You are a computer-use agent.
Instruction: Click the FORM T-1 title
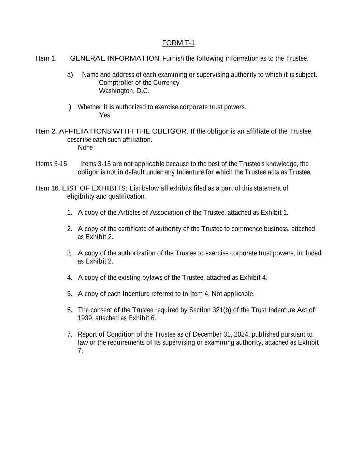click(x=178, y=43)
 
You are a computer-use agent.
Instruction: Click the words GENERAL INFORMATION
click(x=114, y=58)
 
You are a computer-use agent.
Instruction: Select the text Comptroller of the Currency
click(x=139, y=83)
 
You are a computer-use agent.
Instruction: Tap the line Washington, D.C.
click(x=124, y=91)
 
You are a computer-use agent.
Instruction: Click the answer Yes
click(x=104, y=115)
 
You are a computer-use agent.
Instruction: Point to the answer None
click(x=85, y=147)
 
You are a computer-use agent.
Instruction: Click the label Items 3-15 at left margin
click(x=51, y=164)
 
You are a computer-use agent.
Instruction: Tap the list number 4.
click(x=70, y=278)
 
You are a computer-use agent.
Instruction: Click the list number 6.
click(x=70, y=310)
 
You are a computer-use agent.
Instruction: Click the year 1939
click(x=84, y=318)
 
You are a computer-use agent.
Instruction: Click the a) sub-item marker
click(x=70, y=75)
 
